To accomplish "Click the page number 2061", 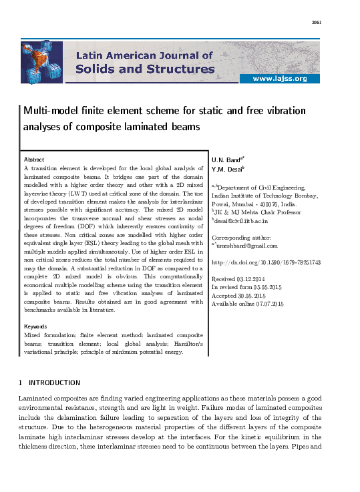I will click(317, 23).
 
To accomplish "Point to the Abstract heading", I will click(34, 160).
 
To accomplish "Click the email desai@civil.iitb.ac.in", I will click(240, 220).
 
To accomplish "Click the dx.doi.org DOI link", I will click(266, 263).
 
